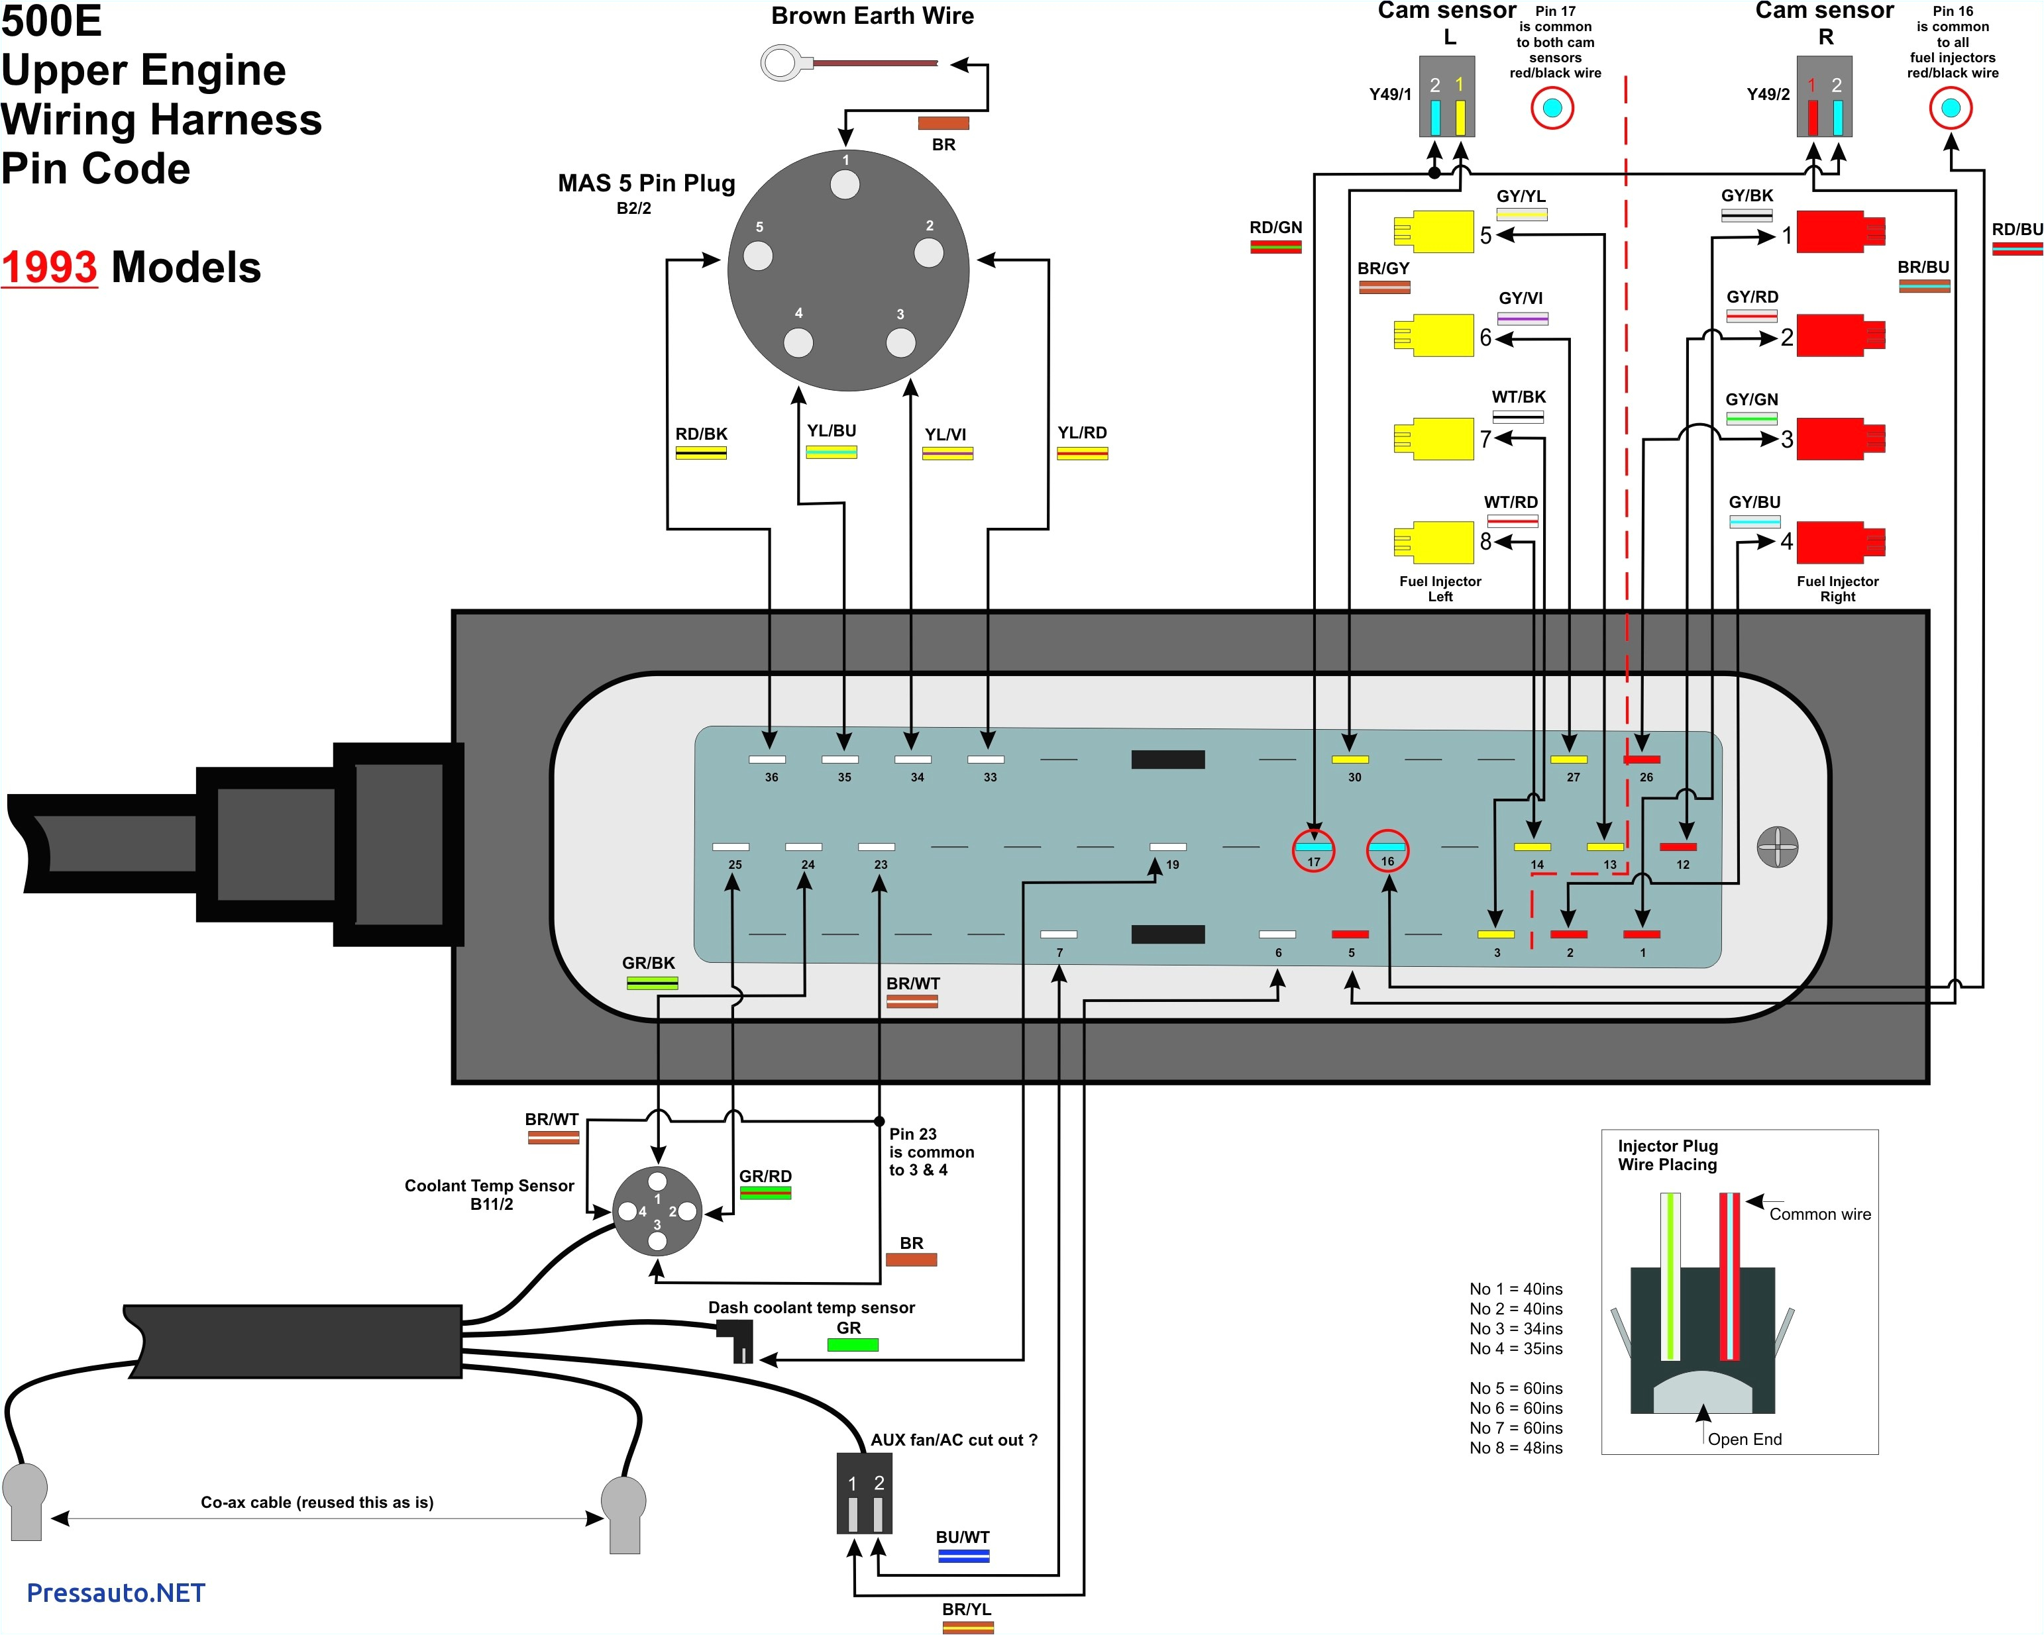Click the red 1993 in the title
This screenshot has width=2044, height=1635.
click(x=49, y=268)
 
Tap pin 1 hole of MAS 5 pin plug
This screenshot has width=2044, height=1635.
click(x=845, y=184)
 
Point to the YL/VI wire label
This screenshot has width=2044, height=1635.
click(x=945, y=435)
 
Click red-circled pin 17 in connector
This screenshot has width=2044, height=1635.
click(x=1313, y=850)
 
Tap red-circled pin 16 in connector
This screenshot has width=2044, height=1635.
click(x=1387, y=850)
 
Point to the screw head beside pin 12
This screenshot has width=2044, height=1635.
click(x=1776, y=846)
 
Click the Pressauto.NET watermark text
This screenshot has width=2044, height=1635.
click(x=116, y=1593)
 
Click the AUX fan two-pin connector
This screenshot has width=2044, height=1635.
click(x=864, y=1493)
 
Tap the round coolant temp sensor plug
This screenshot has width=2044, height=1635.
click(x=657, y=1211)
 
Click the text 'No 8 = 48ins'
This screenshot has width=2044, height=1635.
click(x=1515, y=1448)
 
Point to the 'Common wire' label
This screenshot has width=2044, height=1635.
click(x=1819, y=1214)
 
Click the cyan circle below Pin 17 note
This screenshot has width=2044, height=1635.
click(x=1552, y=108)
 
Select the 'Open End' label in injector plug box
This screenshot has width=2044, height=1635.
click(x=1745, y=1439)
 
